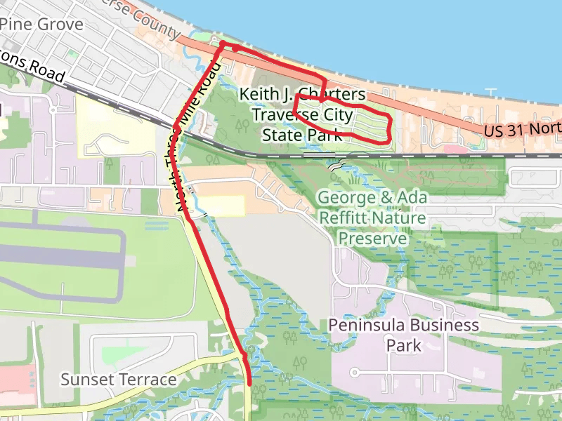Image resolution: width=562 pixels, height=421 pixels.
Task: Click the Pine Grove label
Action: tap(42, 25)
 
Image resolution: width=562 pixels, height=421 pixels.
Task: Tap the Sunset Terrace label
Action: tap(118, 380)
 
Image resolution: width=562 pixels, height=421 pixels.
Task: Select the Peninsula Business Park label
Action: tap(404, 335)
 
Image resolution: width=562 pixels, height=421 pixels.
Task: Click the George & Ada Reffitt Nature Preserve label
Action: tap(372, 218)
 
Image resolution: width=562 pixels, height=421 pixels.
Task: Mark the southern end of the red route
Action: tap(250, 383)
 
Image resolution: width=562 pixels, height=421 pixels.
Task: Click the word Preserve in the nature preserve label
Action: tap(372, 239)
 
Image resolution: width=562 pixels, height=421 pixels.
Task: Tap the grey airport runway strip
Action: tap(63, 257)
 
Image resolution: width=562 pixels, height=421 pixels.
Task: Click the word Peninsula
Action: tap(367, 325)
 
